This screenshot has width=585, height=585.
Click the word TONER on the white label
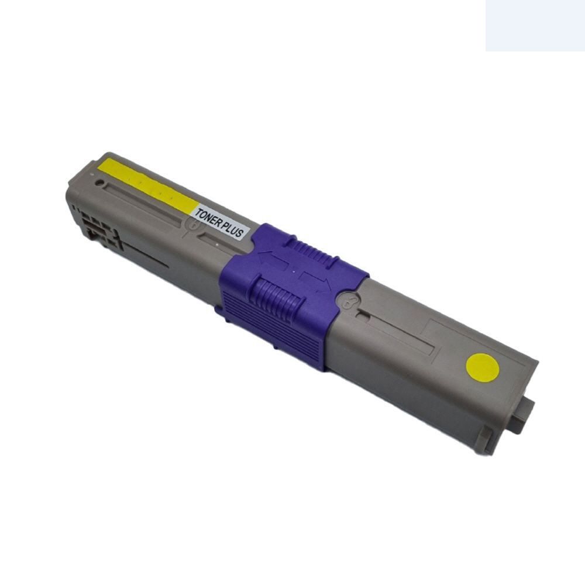pos(208,218)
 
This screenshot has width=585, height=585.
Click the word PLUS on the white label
pos(232,229)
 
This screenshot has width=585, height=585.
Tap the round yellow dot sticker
pos(483,368)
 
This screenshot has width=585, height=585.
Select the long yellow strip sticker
pos(148,186)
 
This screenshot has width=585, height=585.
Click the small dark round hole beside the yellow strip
pos(99,183)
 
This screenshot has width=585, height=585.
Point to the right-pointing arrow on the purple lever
pos(316,281)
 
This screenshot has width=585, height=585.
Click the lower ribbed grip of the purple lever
pos(276,297)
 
